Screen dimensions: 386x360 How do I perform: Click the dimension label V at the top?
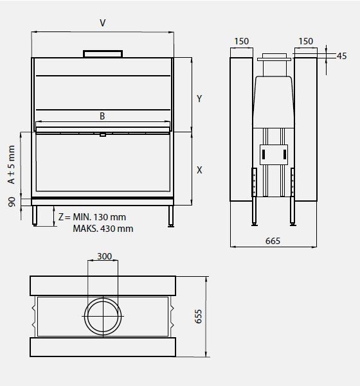[103, 22]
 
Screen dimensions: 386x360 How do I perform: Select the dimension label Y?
[199, 98]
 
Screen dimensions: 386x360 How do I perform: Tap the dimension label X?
[199, 170]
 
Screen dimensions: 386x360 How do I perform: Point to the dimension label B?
[102, 116]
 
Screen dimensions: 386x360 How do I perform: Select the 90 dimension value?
[11, 202]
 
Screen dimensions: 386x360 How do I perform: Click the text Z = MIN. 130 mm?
[92, 217]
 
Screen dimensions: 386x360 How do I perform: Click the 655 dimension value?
[199, 316]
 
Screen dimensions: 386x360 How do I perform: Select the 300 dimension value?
[104, 256]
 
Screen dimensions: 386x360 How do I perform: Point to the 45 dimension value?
[341, 56]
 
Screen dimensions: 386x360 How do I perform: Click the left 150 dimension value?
[241, 41]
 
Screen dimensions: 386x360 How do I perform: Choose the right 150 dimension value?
[306, 41]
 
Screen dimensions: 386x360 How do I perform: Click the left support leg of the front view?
[35, 215]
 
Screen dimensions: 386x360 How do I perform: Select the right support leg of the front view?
[170, 215]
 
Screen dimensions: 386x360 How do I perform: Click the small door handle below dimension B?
[102, 135]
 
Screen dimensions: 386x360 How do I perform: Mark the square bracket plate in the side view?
[273, 153]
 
